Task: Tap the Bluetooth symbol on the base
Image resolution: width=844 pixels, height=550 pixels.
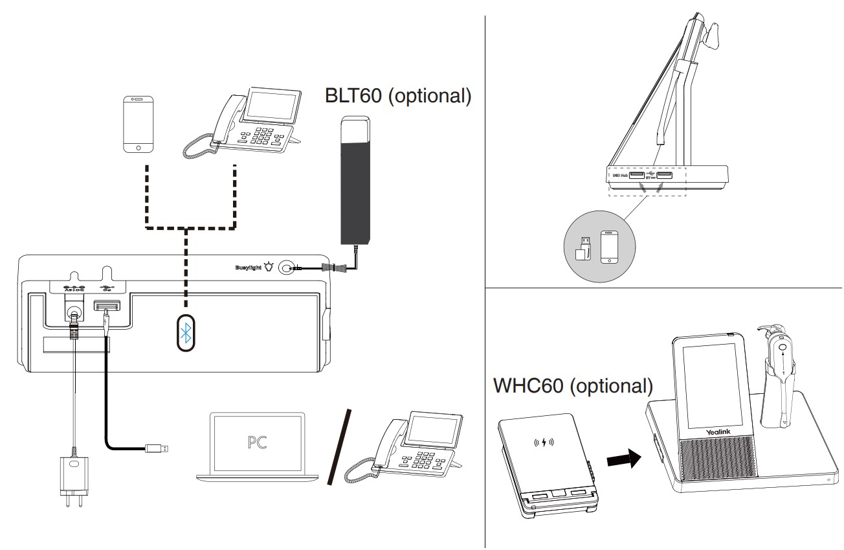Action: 186,333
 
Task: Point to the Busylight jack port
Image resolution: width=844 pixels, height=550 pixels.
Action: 287,267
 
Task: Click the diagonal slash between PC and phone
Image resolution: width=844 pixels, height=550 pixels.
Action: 340,446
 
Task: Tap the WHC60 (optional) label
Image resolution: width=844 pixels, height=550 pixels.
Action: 573,386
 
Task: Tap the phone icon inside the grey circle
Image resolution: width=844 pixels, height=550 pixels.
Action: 610,247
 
